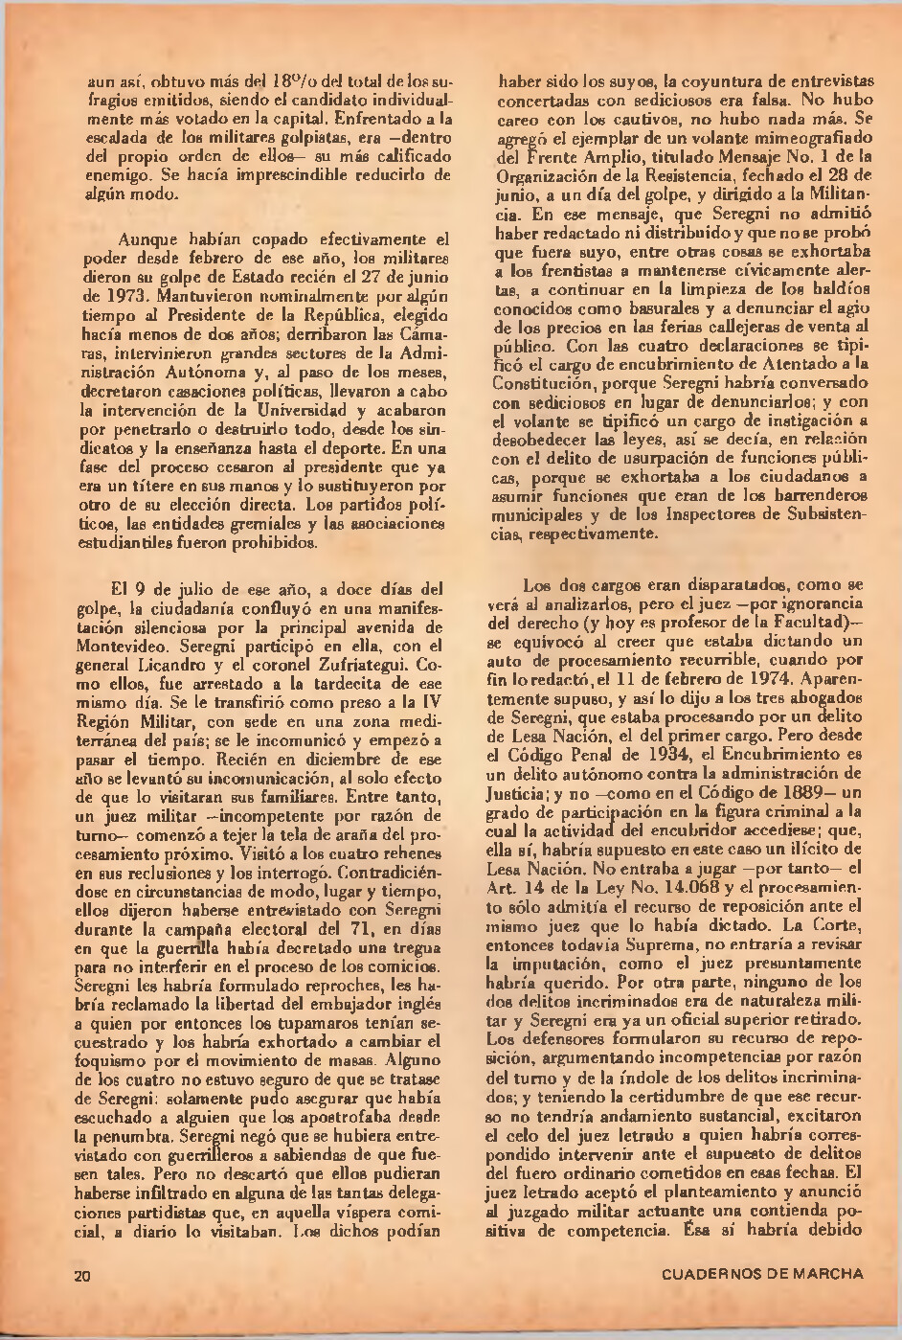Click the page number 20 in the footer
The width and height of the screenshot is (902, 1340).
point(83,1275)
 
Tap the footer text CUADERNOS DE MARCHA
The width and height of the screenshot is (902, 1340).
point(762,1274)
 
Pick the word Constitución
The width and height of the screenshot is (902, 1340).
point(539,384)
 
